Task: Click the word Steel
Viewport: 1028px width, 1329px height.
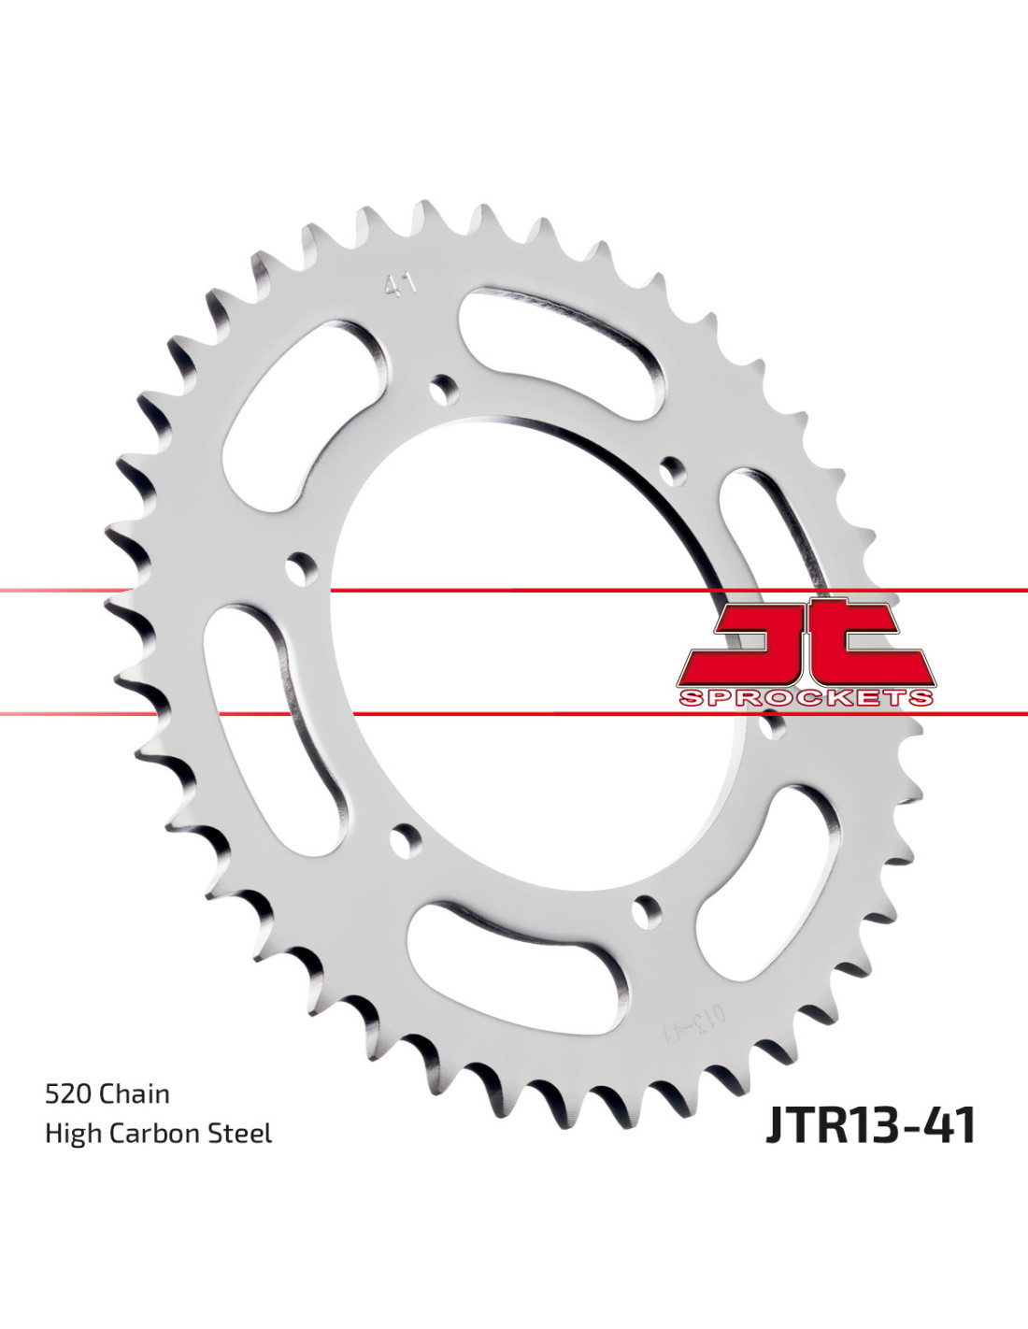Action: tap(240, 1134)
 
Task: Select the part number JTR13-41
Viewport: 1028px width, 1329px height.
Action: tap(870, 1125)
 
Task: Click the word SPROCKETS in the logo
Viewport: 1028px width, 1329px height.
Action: tap(807, 697)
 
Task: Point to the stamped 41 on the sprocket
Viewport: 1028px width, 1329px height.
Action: tap(401, 286)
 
